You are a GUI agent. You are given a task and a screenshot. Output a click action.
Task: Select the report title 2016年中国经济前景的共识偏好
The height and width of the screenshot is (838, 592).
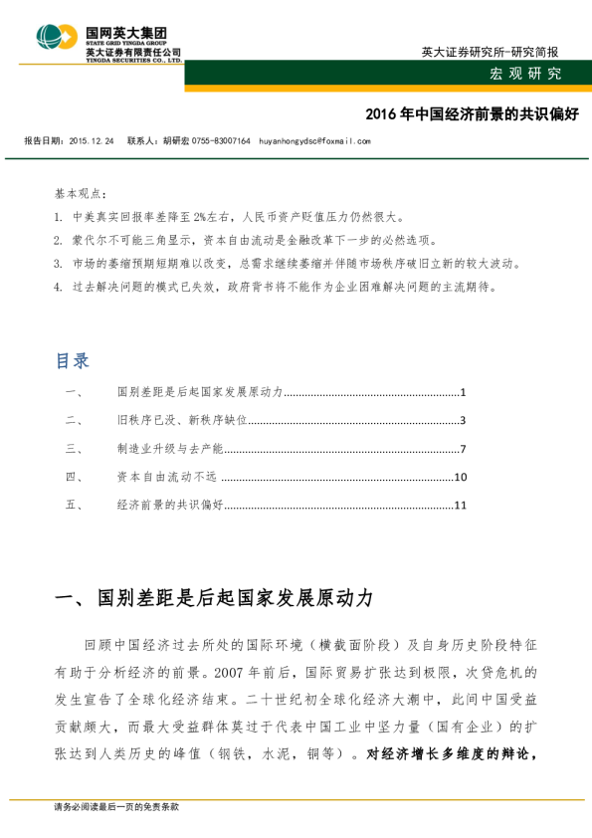tap(459, 114)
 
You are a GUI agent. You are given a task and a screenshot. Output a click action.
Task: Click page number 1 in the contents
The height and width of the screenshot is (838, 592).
tap(464, 393)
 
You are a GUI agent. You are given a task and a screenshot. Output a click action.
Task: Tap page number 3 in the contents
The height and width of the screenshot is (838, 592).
tap(464, 421)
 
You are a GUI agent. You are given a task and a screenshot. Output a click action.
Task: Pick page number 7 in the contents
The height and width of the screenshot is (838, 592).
tap(464, 450)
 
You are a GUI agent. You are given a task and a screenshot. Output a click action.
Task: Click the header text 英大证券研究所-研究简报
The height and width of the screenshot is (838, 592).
tap(489, 51)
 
